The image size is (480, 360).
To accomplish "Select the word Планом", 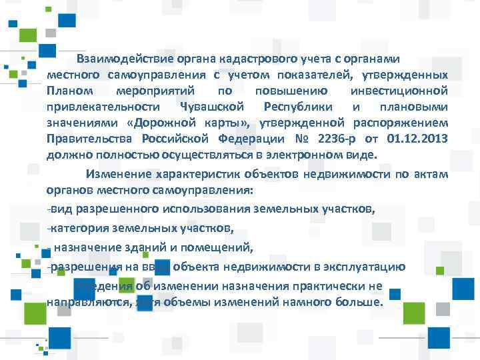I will (x=67, y=90).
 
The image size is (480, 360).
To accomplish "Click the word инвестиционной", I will (x=398, y=90).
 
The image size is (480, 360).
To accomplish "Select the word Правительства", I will (x=90, y=138).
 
